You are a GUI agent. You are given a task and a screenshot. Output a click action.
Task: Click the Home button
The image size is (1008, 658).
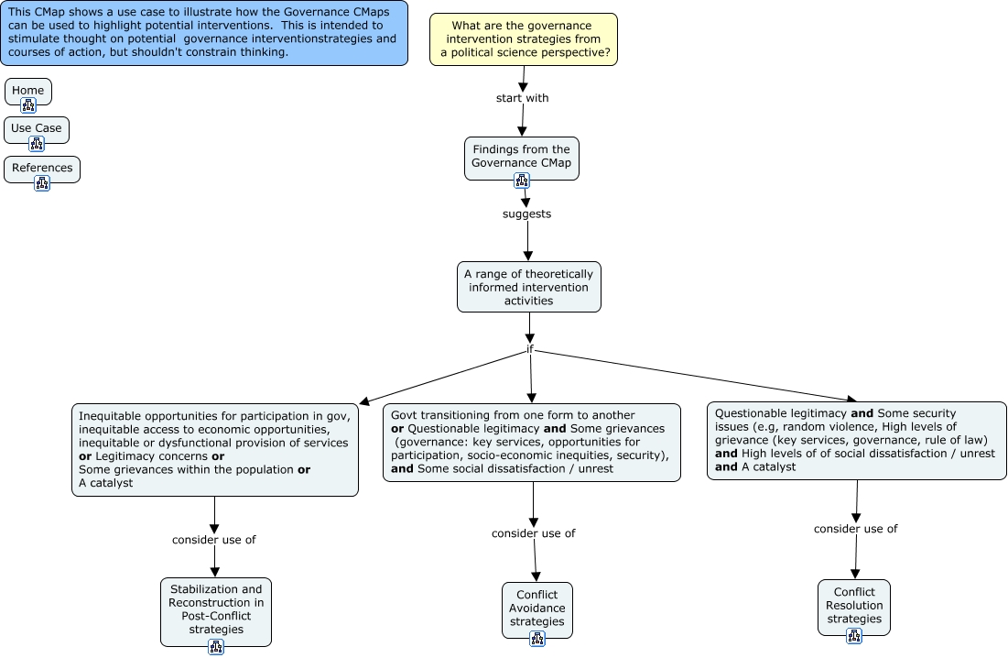(27, 91)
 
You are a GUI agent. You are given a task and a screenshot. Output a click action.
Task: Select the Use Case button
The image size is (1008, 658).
(37, 128)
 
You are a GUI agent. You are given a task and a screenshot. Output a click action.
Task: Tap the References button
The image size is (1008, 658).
(42, 168)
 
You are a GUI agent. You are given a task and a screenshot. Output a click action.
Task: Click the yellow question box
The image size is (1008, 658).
(523, 39)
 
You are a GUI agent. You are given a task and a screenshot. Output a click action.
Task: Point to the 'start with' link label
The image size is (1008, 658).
(522, 98)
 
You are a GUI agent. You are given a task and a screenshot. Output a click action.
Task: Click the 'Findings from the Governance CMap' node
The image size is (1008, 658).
(521, 156)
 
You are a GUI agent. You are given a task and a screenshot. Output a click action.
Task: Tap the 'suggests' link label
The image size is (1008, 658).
(526, 214)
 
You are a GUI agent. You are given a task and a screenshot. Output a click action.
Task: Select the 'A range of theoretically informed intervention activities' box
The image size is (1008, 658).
(529, 286)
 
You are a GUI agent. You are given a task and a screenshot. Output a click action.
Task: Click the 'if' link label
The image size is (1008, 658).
(529, 350)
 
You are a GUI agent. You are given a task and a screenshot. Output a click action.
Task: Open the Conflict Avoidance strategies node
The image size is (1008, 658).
(537, 608)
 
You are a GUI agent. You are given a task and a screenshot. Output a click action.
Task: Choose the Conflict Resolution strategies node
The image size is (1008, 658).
(854, 605)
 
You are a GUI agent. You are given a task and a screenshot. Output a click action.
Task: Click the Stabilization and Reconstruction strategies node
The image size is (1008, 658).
(216, 609)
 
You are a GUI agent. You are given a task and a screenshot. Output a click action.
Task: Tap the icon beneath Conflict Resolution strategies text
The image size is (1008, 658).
(854, 636)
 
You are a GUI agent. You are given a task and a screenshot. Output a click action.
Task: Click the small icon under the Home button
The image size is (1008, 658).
(27, 105)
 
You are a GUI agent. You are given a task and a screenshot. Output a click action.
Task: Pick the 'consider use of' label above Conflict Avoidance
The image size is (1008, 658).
(533, 533)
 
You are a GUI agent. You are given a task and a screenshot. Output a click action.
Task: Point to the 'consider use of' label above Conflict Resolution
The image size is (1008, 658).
(855, 529)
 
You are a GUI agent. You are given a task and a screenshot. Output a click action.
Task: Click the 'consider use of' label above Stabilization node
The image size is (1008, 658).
(213, 540)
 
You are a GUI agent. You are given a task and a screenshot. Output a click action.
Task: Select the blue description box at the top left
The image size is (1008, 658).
(203, 32)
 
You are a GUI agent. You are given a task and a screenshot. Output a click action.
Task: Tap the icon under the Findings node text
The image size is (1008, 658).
(522, 180)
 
